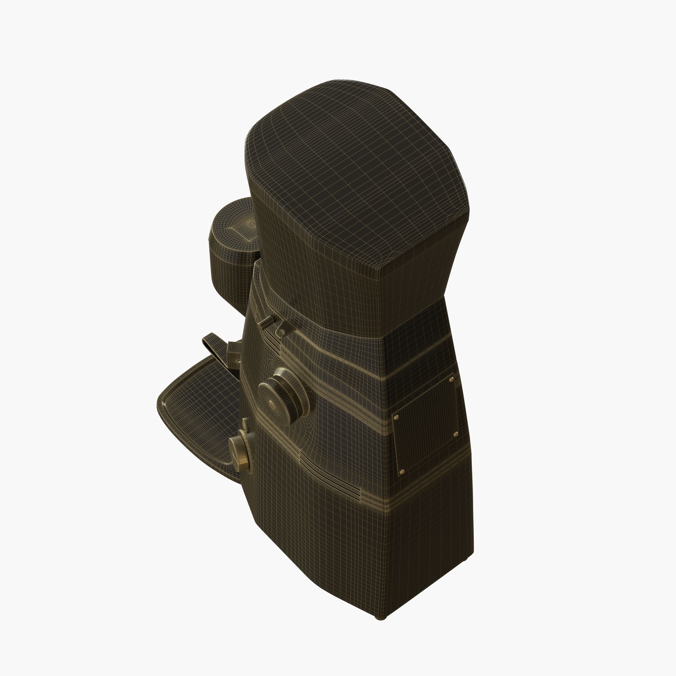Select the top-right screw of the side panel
(x=451, y=378)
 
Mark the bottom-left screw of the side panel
(x=401, y=472)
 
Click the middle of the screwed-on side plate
(x=425, y=425)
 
